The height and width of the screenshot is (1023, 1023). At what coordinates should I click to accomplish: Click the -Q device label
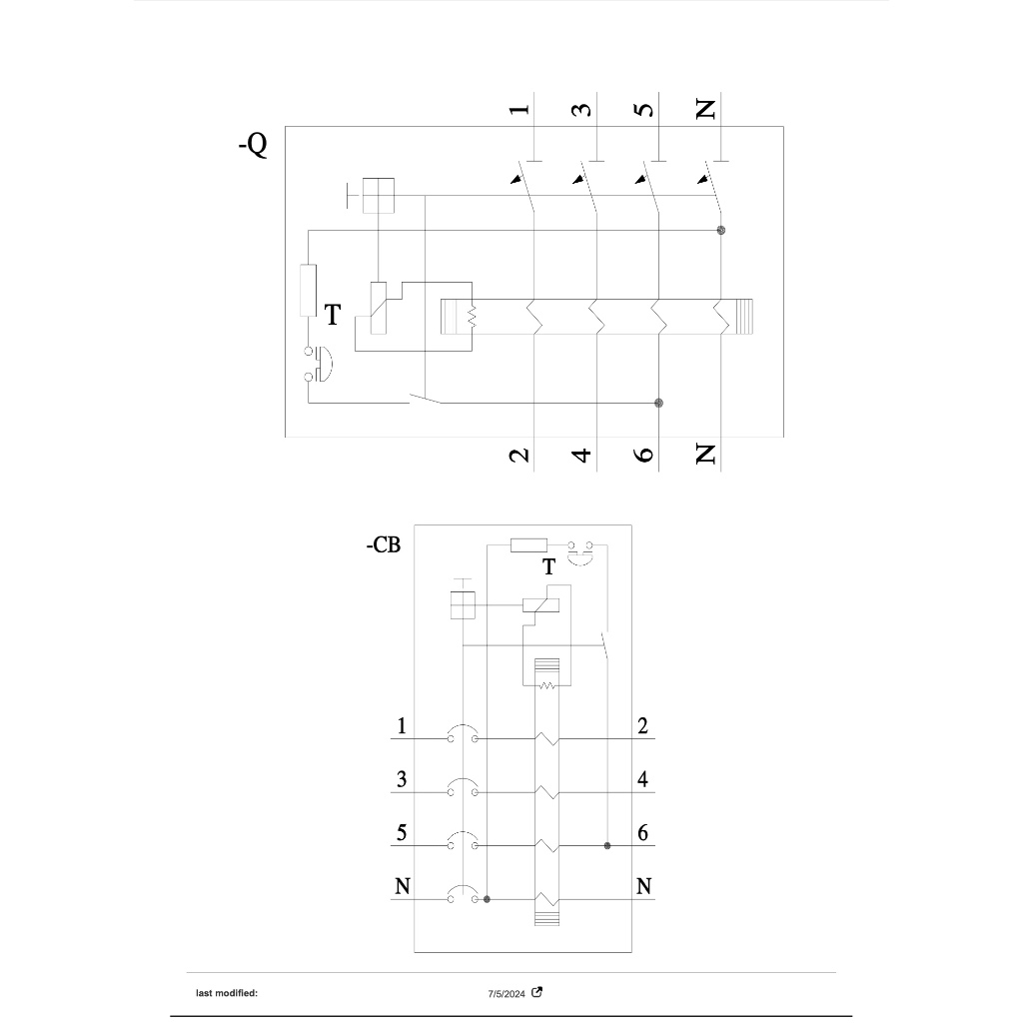[253, 144]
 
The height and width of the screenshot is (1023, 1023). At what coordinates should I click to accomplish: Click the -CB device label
[384, 544]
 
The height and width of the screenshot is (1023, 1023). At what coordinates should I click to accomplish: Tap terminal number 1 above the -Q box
[519, 109]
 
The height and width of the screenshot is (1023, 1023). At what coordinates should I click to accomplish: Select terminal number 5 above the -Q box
[644, 108]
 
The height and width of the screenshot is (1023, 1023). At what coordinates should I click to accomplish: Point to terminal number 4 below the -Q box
[581, 455]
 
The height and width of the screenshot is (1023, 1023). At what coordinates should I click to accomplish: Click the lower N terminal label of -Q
[706, 454]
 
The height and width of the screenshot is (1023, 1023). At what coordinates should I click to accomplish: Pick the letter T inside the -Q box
[333, 315]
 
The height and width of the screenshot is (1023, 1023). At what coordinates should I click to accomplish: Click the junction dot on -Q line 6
[659, 404]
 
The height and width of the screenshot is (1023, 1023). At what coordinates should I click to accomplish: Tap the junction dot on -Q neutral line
[721, 231]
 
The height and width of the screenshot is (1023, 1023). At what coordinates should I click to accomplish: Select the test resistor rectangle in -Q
[308, 291]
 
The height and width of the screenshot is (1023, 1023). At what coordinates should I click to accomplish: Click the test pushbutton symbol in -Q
[319, 364]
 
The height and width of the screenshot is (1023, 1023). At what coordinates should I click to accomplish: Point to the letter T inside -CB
[549, 567]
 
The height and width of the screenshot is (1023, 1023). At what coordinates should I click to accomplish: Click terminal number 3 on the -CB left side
[402, 779]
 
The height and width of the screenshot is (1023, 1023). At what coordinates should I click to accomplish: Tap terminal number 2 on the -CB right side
[642, 725]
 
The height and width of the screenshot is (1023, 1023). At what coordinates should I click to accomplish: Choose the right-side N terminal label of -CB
[644, 886]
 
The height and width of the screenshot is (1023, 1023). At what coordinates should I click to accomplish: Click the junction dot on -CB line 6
[607, 846]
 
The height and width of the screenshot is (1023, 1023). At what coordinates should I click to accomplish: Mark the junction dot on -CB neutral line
[487, 900]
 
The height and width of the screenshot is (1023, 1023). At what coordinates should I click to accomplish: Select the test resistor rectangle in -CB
[528, 545]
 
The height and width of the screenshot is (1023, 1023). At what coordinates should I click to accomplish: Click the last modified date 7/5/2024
[507, 994]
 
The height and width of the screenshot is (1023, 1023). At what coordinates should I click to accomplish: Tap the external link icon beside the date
[536, 992]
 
